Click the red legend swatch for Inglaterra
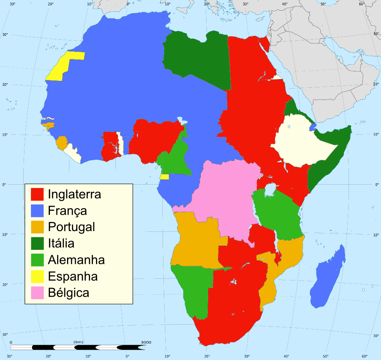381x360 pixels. point(37,194)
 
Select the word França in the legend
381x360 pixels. point(67,211)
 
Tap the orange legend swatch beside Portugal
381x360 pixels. point(37,227)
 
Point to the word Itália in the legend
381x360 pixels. point(61,243)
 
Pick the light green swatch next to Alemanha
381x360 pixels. point(37,260)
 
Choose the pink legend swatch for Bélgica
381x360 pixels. point(37,293)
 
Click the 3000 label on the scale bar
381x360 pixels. point(146,342)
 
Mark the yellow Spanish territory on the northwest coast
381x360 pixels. point(63,65)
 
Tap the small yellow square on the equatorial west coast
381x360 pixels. point(165,177)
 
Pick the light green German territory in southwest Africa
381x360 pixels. point(194,290)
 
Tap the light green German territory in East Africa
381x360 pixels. point(278,214)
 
